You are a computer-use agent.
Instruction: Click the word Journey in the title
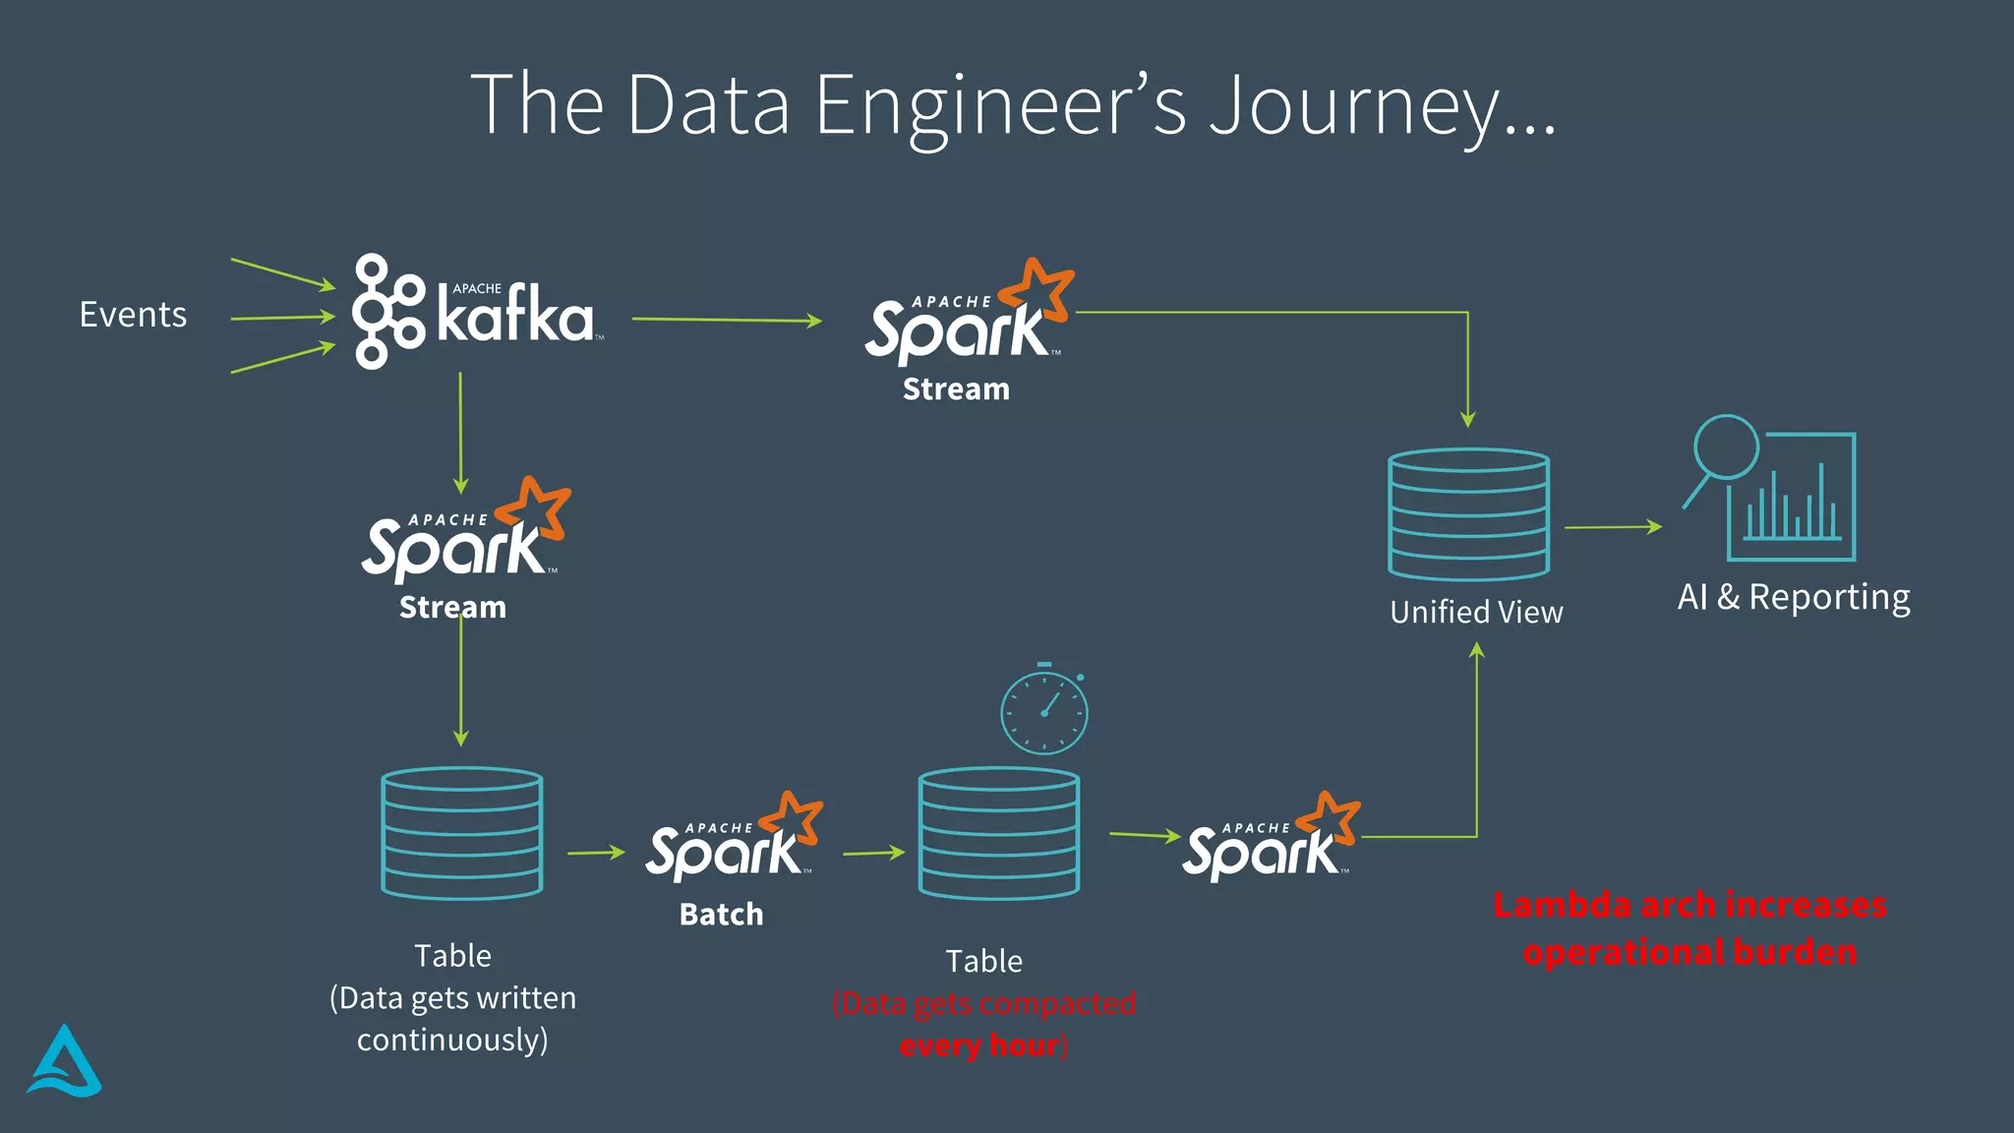pyautogui.click(x=1382, y=106)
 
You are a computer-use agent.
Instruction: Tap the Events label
pyautogui.click(x=133, y=315)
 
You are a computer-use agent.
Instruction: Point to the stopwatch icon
pyautogui.click(x=1044, y=710)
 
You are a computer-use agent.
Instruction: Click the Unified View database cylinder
pyautogui.click(x=1468, y=514)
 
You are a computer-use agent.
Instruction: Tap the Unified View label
pyautogui.click(x=1476, y=612)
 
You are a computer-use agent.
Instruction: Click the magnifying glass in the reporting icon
pyautogui.click(x=1725, y=448)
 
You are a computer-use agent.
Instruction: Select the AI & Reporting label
pyautogui.click(x=1794, y=597)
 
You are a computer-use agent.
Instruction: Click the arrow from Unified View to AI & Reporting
pyautogui.click(x=1613, y=527)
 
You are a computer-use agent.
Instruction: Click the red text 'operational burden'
pyautogui.click(x=1689, y=952)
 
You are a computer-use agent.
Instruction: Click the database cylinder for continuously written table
pyautogui.click(x=461, y=833)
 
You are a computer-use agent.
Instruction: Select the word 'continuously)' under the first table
pyautogui.click(x=452, y=1040)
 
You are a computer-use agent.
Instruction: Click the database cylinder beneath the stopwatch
pyautogui.click(x=999, y=833)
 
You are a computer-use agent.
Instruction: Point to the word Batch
pyautogui.click(x=721, y=914)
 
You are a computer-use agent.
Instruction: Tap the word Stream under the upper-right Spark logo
pyautogui.click(x=956, y=389)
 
